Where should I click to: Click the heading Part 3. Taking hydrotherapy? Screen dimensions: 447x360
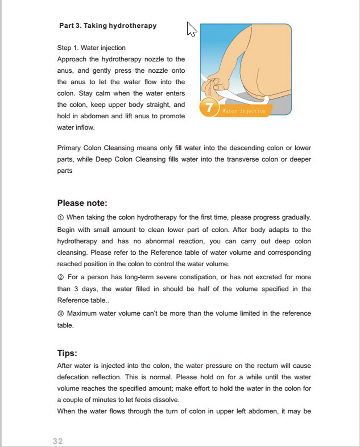tap(108, 26)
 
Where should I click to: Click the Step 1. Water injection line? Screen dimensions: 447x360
tap(91, 48)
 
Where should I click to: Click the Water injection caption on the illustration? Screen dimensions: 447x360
tap(244, 111)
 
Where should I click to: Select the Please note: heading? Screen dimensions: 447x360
tap(82, 203)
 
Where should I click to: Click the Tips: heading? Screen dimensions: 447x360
tap(67, 353)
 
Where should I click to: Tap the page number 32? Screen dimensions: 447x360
tap(58, 441)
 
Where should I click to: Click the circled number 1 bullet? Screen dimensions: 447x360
tap(60, 218)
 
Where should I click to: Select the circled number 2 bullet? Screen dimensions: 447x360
tap(60, 277)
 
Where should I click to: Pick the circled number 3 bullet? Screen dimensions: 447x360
tap(60, 314)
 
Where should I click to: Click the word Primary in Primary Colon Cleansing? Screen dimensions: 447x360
tap(69, 148)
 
